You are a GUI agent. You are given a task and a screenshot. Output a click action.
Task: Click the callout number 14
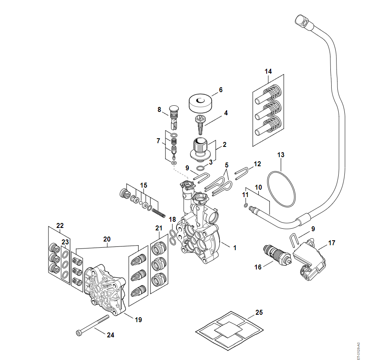[x=268, y=71]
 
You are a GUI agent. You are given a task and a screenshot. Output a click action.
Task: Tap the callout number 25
[x=259, y=312]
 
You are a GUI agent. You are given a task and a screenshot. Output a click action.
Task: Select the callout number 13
[x=281, y=155]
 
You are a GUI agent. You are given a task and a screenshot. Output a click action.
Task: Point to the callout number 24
[x=110, y=335]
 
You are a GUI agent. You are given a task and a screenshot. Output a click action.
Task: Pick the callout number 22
[x=60, y=225]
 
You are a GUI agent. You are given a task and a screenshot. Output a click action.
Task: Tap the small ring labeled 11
[x=246, y=205]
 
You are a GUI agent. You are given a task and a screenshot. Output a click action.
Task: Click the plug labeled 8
[x=175, y=115]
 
